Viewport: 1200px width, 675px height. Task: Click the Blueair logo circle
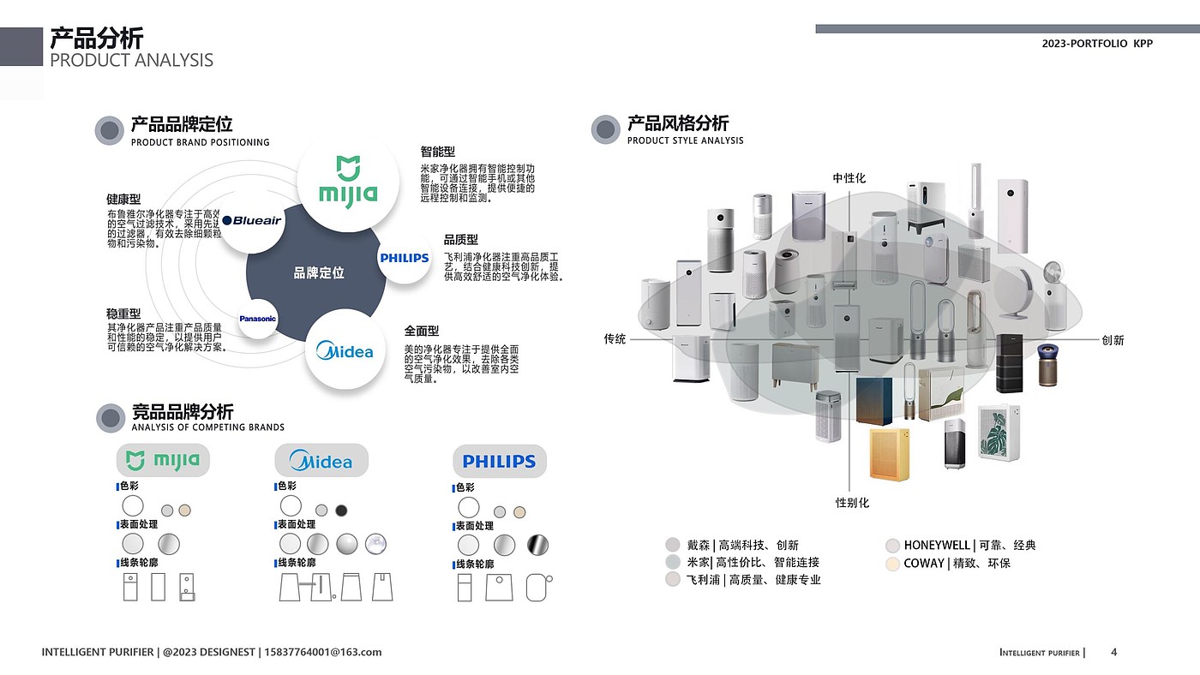pos(252,221)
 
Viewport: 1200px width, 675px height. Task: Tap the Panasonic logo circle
pos(258,319)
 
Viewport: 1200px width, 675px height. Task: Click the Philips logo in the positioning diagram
pos(405,258)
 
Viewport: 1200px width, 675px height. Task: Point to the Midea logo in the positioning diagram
pos(345,351)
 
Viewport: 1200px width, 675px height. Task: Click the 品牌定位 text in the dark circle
pos(319,273)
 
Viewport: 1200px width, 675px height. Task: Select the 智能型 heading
pos(437,152)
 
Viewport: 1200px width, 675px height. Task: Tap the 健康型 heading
pos(123,200)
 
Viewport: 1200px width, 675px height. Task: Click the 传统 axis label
pos(615,339)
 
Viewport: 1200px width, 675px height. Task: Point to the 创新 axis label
pos(1113,340)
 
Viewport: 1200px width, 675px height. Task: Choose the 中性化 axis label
pos(849,178)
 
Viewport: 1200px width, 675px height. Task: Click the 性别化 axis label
pos(852,503)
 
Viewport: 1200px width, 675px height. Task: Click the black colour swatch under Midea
pos(341,511)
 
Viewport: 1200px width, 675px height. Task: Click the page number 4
pos(1113,653)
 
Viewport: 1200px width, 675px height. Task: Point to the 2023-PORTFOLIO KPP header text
pos(1097,44)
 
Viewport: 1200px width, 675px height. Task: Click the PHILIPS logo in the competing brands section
pos(499,462)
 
